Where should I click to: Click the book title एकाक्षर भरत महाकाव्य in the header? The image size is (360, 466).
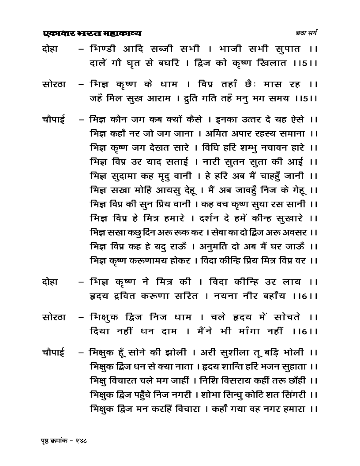[x=92, y=34]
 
